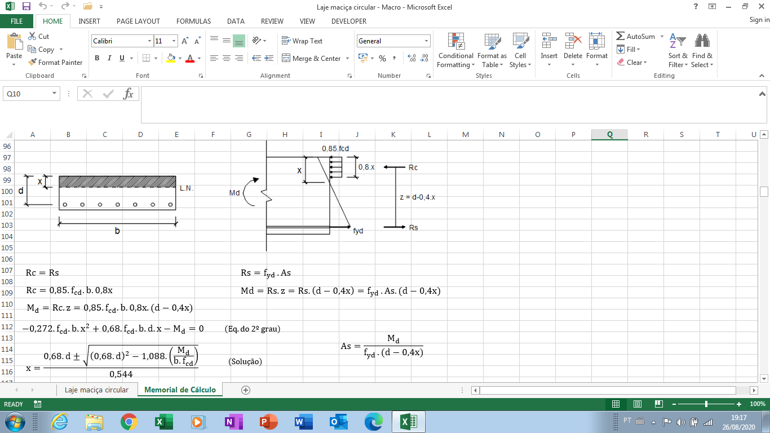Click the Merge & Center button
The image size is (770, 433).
(x=315, y=58)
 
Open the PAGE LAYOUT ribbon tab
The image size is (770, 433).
(x=138, y=21)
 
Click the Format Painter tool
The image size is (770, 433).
(x=55, y=62)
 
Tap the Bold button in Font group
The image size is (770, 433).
(x=97, y=58)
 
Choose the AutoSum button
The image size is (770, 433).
(x=635, y=37)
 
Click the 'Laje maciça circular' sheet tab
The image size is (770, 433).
(x=96, y=390)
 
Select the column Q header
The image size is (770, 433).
(x=609, y=135)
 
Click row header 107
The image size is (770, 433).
(x=7, y=270)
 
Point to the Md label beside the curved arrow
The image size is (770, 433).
(x=234, y=193)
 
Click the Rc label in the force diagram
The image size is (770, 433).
(x=413, y=167)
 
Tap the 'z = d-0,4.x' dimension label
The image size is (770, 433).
(x=417, y=197)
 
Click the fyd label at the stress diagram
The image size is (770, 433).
(x=358, y=231)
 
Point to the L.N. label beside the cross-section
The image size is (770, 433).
(x=187, y=188)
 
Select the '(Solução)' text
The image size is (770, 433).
(x=245, y=361)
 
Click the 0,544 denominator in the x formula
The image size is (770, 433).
(x=121, y=374)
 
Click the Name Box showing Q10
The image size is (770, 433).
(x=31, y=94)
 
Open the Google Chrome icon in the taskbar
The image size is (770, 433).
(x=129, y=422)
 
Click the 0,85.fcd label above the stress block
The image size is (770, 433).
(x=335, y=149)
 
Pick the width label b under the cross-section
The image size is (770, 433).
(x=117, y=231)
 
